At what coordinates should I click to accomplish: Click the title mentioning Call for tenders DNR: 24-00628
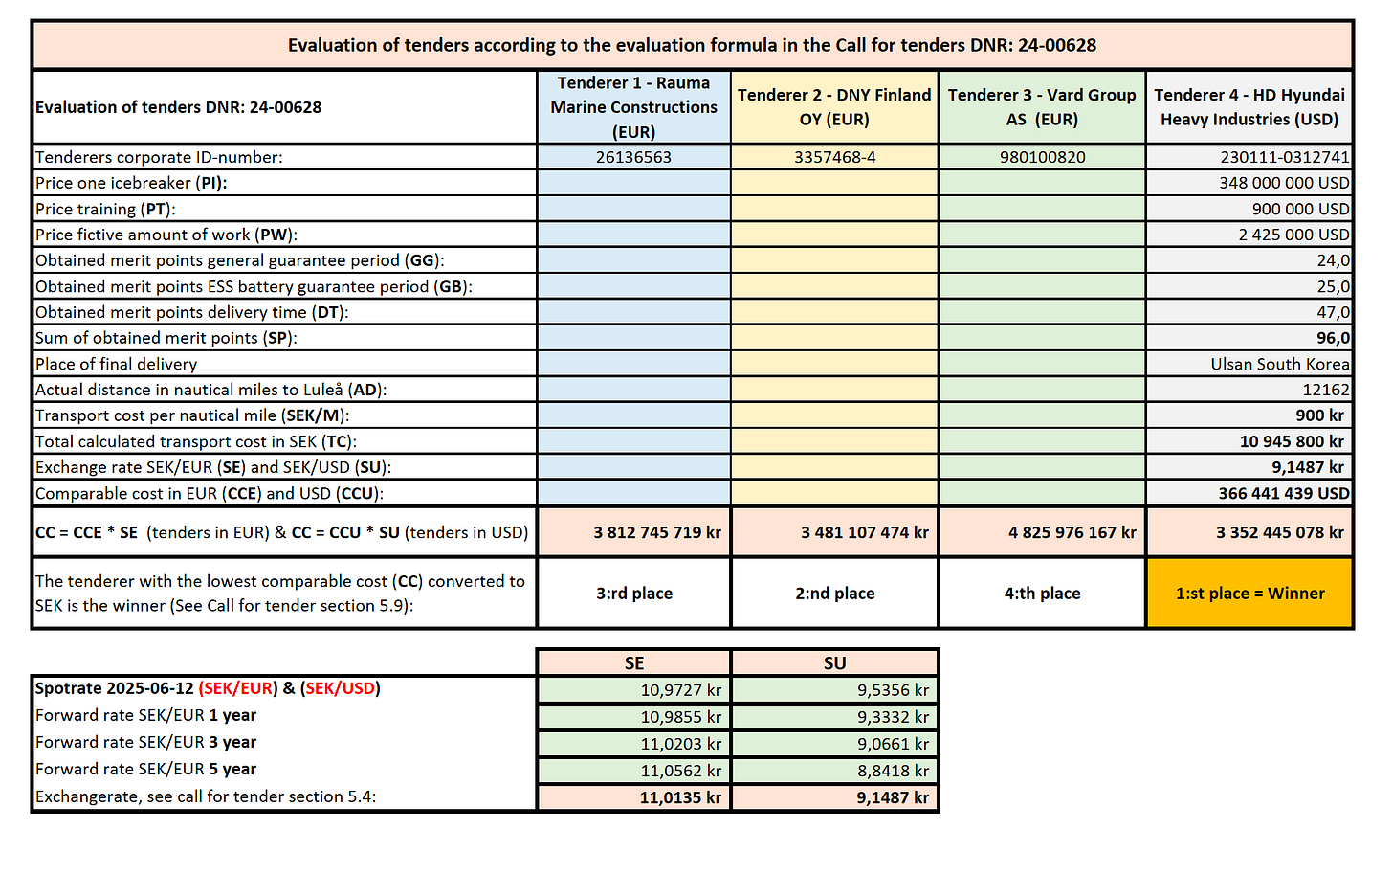692,45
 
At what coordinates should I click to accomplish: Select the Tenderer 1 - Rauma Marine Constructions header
633,107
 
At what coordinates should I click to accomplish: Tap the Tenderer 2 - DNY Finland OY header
834,107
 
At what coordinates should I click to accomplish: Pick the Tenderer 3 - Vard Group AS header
1042,107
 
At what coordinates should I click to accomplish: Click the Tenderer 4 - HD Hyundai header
1249,107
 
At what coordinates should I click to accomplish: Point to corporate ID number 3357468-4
834,157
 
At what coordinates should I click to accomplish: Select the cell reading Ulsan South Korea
1279,364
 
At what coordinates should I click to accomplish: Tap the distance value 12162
1325,390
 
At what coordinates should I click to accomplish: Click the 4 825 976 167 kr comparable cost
1072,532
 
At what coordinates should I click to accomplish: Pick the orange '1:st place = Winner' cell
1249,594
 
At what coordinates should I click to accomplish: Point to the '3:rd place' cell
633,594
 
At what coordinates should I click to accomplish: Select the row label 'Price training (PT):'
105,209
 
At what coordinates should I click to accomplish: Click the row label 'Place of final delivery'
116,364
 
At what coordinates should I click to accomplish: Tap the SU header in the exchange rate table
834,662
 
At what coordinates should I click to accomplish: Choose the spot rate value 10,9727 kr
680,690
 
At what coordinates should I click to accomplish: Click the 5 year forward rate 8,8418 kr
893,771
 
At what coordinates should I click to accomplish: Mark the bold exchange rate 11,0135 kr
680,797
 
